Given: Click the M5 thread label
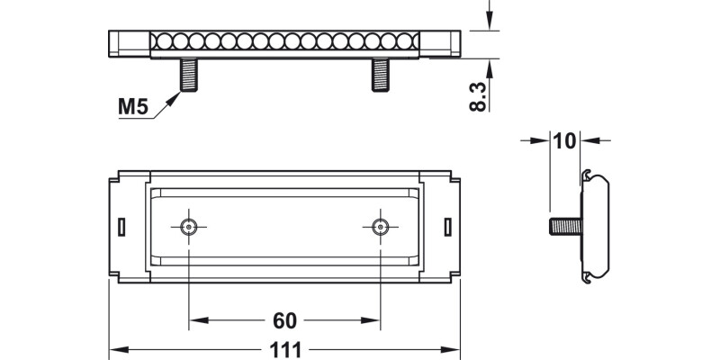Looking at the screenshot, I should (132, 109).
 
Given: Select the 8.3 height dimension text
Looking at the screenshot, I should (479, 95).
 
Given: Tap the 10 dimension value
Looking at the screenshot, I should (564, 140).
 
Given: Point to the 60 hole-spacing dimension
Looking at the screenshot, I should (285, 321).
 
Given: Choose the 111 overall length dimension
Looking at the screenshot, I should (285, 350).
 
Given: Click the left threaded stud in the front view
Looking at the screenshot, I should (189, 75).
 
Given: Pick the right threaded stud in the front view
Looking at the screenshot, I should (382, 75).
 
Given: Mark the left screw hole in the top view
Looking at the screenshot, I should (189, 226).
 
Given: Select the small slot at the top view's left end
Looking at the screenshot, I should (121, 226).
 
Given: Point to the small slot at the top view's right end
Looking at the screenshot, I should (449, 226).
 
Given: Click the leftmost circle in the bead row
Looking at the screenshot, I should (162, 41).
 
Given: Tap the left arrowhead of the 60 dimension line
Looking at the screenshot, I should (195, 321).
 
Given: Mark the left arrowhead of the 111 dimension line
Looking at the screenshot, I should (115, 350).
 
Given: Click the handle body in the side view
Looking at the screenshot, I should (598, 226).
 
